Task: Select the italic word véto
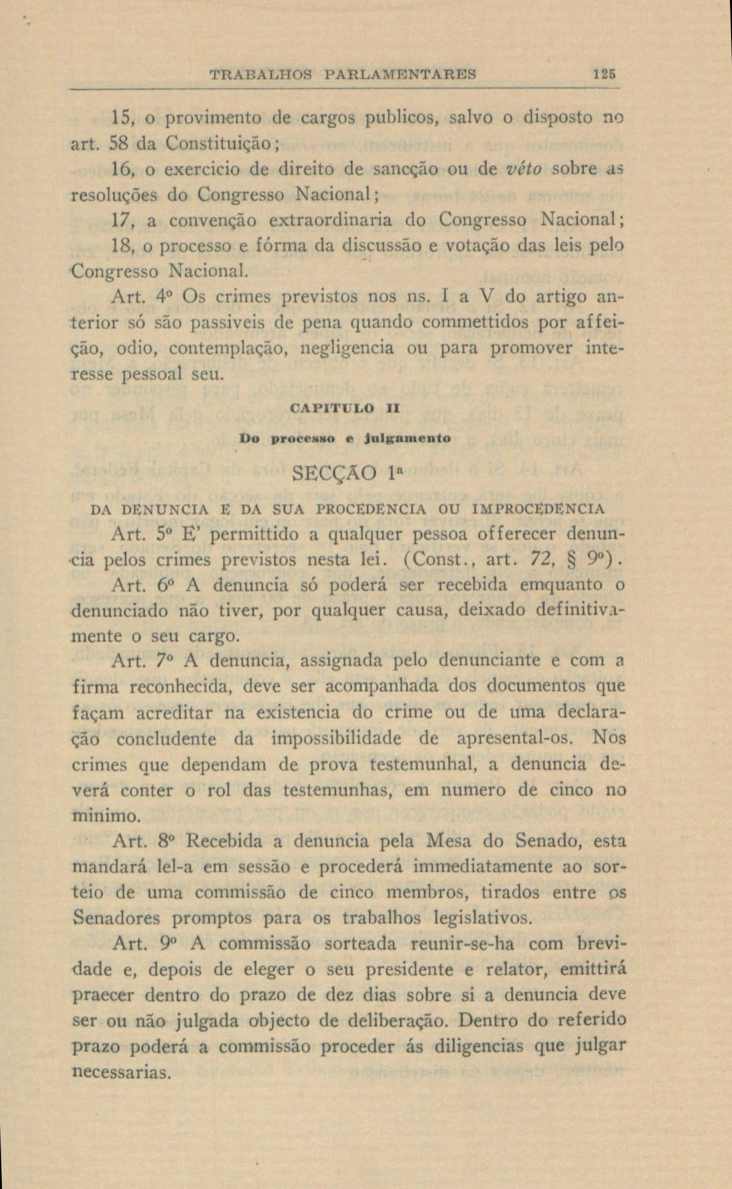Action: (x=520, y=170)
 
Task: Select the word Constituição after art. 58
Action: (x=220, y=144)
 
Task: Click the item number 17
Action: (x=119, y=221)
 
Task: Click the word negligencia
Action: (x=347, y=349)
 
